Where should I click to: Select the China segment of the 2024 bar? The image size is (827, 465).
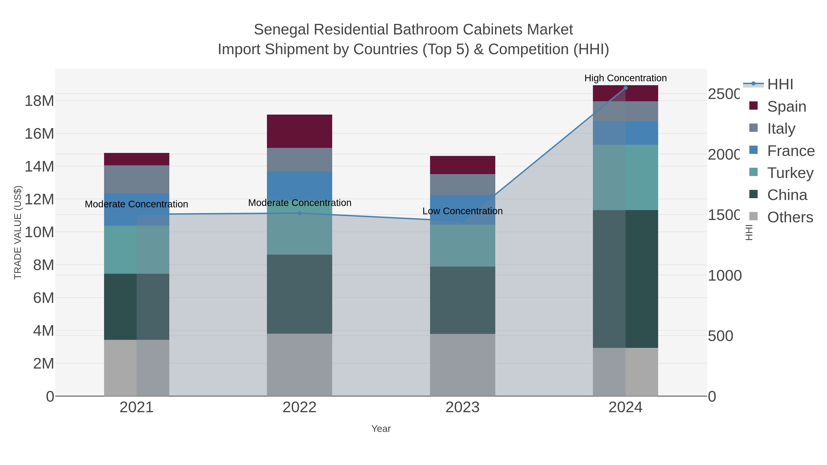(x=625, y=279)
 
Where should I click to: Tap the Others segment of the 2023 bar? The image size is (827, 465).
(x=462, y=365)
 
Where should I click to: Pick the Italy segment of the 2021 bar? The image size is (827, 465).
(x=136, y=179)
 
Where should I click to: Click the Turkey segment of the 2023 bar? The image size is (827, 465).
(x=462, y=245)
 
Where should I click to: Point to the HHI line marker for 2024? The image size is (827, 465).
(x=625, y=88)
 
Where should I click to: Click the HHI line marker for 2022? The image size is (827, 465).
(x=300, y=213)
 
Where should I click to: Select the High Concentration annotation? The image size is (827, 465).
(x=625, y=78)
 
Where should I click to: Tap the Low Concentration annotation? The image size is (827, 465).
(x=462, y=211)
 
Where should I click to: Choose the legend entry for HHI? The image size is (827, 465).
(x=780, y=85)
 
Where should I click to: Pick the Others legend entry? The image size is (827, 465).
(x=790, y=217)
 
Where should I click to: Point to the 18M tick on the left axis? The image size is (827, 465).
(x=39, y=101)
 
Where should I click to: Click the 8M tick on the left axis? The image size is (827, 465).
(x=43, y=265)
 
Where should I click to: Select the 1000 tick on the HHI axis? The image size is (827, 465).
(x=724, y=276)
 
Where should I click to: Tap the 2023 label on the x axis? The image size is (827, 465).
(x=462, y=408)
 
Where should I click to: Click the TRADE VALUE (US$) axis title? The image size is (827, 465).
(x=18, y=232)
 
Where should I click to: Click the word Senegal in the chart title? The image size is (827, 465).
(x=282, y=30)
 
